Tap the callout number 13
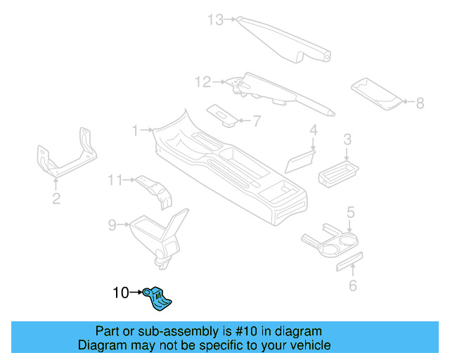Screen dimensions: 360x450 (x=214, y=20)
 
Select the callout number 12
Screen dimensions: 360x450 (x=202, y=82)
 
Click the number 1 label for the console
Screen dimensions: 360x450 (x=135, y=130)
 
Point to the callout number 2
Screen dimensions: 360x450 (x=56, y=199)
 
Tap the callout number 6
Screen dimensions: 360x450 (x=353, y=285)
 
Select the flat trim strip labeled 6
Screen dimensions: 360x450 (x=349, y=262)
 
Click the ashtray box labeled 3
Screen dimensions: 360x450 (x=338, y=171)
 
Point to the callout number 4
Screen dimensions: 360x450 (x=314, y=130)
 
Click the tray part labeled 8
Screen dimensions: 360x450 (x=378, y=95)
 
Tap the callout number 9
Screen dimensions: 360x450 (x=112, y=225)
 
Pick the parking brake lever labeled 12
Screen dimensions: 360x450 (x=278, y=91)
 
